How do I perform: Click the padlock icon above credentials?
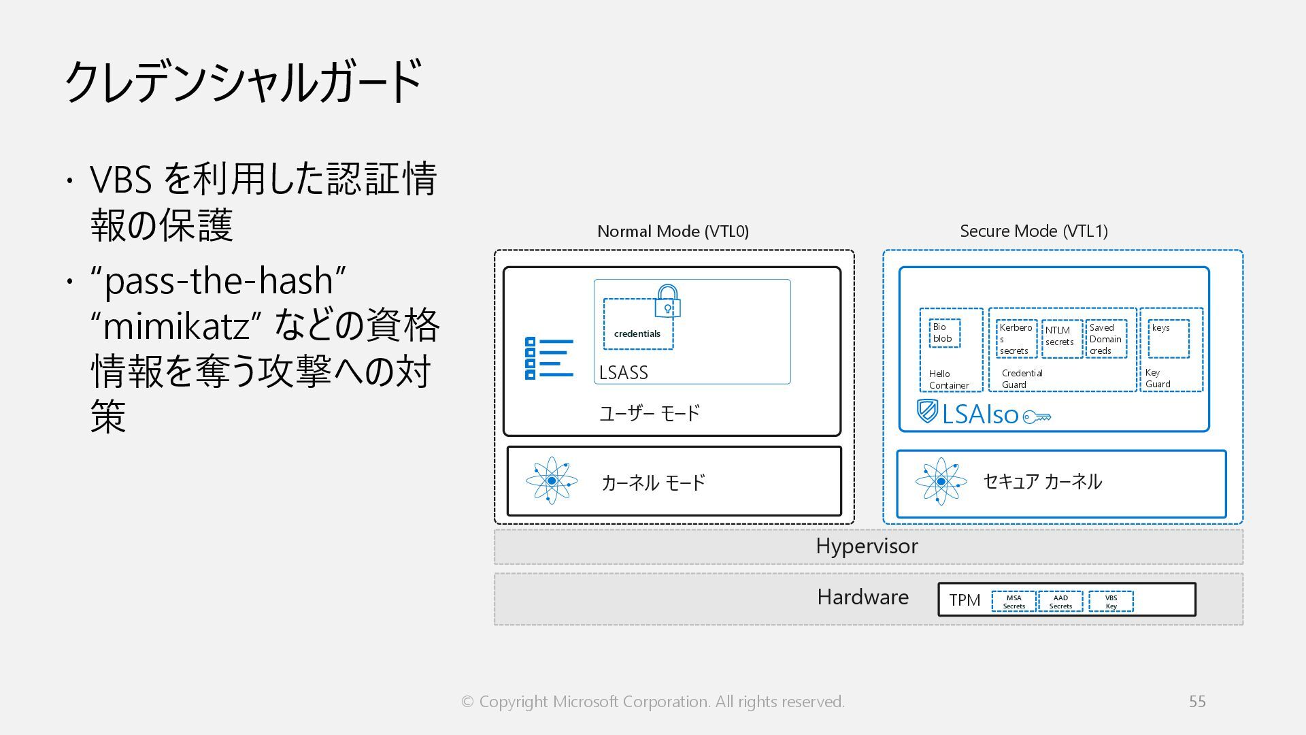(667, 301)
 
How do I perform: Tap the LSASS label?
(623, 373)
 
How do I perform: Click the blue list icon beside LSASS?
(549, 358)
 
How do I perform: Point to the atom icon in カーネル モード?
(552, 480)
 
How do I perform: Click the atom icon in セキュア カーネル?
(941, 481)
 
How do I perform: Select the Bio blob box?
(944, 333)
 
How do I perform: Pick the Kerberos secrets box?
(1016, 339)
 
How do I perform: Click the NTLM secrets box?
(1060, 338)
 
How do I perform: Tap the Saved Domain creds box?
(1106, 339)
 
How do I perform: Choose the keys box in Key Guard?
(1169, 338)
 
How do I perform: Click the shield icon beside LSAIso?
(927, 411)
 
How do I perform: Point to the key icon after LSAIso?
(1037, 416)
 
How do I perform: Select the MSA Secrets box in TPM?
(1014, 602)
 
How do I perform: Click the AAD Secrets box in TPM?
(1060, 602)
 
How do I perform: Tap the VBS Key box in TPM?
(1111, 602)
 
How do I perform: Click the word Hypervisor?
(867, 546)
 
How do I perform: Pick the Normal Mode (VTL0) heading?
(673, 231)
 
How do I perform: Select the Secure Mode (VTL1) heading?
(1033, 231)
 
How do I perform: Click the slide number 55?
(1197, 702)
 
